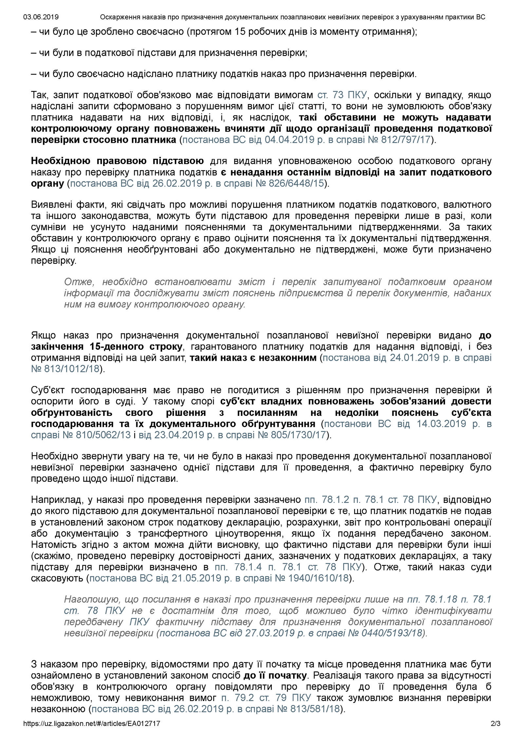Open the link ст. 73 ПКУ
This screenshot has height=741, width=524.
pyautogui.click(x=342, y=95)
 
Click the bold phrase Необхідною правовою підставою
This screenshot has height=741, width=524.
pyautogui.click(x=117, y=161)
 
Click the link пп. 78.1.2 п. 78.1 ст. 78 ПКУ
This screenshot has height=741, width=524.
pyautogui.click(x=371, y=500)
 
